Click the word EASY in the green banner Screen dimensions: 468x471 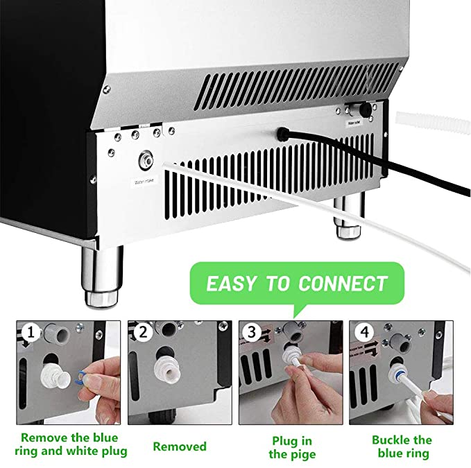pos(233,284)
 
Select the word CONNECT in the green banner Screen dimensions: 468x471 pos(343,284)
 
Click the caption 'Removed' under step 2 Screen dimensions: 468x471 pos(180,447)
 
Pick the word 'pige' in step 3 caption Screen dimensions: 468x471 pos(302,454)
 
